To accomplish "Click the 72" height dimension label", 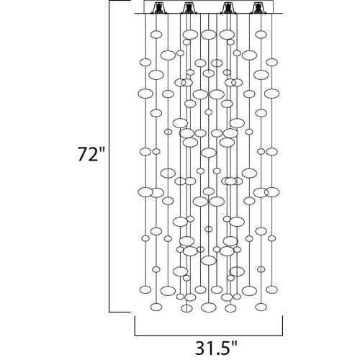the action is [91, 153].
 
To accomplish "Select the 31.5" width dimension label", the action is [216, 348].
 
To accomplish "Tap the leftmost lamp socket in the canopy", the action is [158, 8].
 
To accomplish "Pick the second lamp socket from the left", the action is [188, 8].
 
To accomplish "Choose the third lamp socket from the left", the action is [228, 8].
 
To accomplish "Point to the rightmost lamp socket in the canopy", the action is [257, 8].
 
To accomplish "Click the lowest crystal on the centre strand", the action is [209, 307].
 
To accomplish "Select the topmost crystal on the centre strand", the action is [209, 35].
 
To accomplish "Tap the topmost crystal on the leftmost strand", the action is [145, 62].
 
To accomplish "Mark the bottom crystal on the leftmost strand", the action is [145, 289].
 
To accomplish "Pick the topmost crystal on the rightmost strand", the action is [272, 62].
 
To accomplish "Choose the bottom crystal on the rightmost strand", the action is [272, 289].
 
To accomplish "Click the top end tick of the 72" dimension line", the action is [120, 1].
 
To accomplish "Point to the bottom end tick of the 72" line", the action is [120, 312].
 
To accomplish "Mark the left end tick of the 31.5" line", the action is [135, 325].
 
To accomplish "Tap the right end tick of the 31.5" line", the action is [282, 325].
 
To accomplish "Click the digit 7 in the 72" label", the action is [83, 154].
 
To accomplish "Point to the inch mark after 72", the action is [102, 149].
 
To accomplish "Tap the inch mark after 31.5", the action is [235, 343].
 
